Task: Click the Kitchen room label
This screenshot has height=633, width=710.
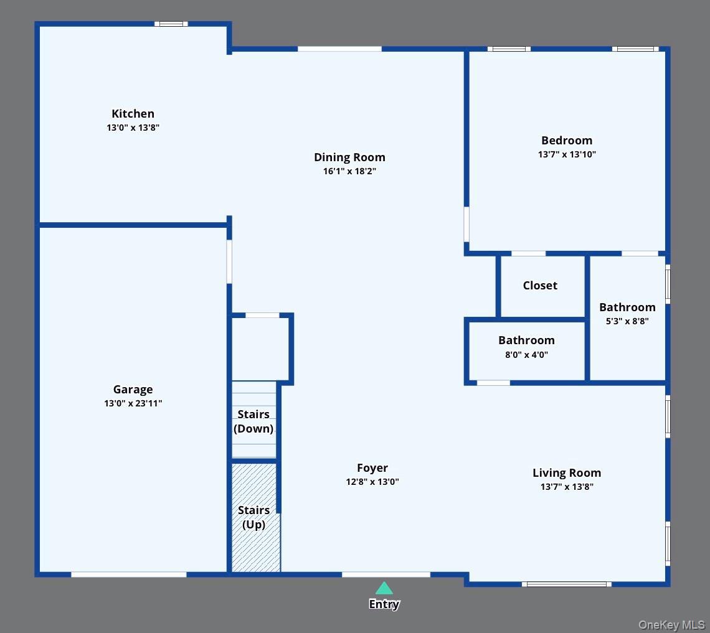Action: tap(133, 114)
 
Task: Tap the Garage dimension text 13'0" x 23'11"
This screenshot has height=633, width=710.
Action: tap(133, 403)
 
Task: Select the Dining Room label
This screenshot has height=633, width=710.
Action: tap(349, 157)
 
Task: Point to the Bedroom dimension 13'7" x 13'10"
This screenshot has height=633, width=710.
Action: tap(567, 154)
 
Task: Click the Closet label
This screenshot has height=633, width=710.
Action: tap(540, 286)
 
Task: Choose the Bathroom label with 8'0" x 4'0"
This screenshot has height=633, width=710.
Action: tap(526, 340)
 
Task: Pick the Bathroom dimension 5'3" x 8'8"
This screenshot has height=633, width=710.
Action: tap(627, 321)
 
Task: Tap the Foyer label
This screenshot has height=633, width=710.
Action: tap(372, 468)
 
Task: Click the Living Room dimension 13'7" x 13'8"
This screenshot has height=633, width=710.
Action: tap(567, 487)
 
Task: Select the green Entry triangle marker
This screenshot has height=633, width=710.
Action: tap(384, 588)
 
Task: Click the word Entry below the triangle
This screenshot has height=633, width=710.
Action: tap(384, 604)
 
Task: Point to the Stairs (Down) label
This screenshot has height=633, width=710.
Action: tap(253, 421)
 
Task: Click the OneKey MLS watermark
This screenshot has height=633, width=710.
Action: tap(671, 624)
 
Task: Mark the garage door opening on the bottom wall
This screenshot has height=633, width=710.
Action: tap(128, 574)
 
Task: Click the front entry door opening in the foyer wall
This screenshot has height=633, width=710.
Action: tap(386, 574)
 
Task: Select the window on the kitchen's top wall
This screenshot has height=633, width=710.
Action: tap(171, 24)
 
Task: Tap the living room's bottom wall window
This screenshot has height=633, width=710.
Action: tap(566, 584)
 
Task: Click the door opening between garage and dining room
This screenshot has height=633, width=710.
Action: tap(229, 261)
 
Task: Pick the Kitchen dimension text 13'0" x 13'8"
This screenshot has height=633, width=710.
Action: tap(133, 128)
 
